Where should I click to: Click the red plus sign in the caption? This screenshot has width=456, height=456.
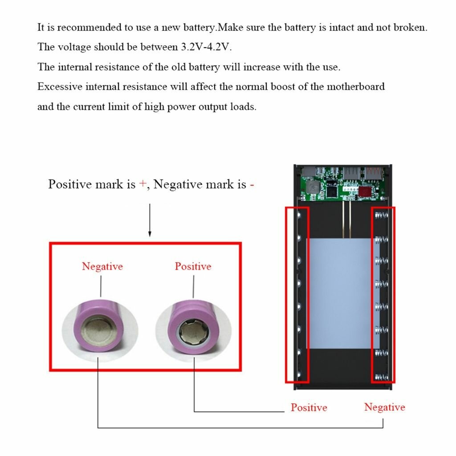pyautogui.click(x=142, y=184)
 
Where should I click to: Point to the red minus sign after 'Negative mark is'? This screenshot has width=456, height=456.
pyautogui.click(x=252, y=184)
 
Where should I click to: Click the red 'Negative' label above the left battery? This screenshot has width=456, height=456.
pyautogui.click(x=102, y=266)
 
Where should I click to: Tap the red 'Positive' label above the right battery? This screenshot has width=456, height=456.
pyautogui.click(x=193, y=266)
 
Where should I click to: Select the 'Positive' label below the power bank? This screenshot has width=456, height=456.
pyautogui.click(x=309, y=407)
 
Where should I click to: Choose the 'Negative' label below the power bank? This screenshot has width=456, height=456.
pyautogui.click(x=384, y=407)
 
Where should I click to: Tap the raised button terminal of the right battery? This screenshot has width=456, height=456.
pyautogui.click(x=192, y=332)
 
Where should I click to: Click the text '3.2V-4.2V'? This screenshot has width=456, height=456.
pyautogui.click(x=207, y=47)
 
